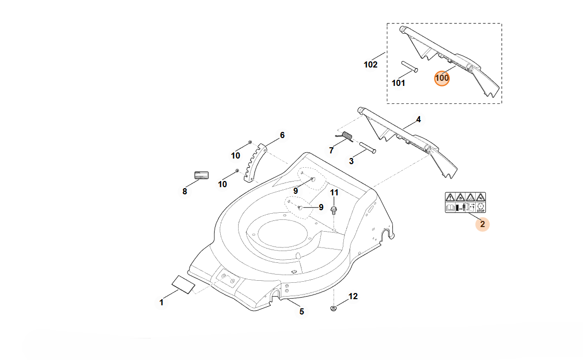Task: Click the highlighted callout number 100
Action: coord(441,78)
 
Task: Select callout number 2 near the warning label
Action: coord(482,223)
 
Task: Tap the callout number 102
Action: coord(370,64)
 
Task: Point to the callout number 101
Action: coord(398,83)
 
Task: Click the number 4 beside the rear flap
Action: coord(418,119)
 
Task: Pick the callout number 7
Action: coord(331,150)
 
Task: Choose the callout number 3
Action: coord(351,161)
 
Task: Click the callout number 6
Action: coord(282,136)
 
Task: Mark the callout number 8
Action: coord(184,191)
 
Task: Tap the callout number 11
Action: coord(334,192)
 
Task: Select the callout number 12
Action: coord(353,296)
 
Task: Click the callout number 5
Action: coord(301,311)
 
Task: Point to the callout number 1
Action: coord(161,302)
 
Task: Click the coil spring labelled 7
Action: coord(346,137)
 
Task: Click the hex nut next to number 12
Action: coord(333,308)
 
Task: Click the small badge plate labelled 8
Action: coord(201,175)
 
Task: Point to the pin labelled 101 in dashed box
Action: coord(410,66)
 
